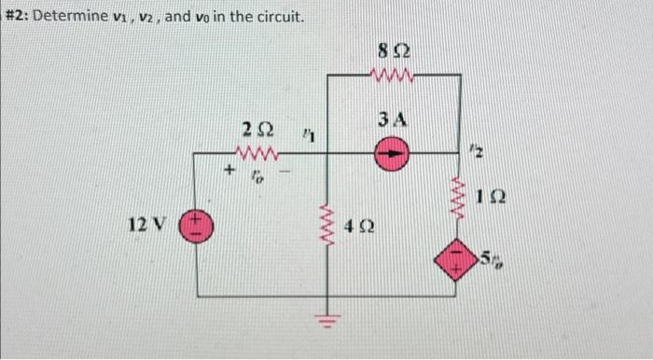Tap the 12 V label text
pos(147,225)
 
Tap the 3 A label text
pos(393,120)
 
